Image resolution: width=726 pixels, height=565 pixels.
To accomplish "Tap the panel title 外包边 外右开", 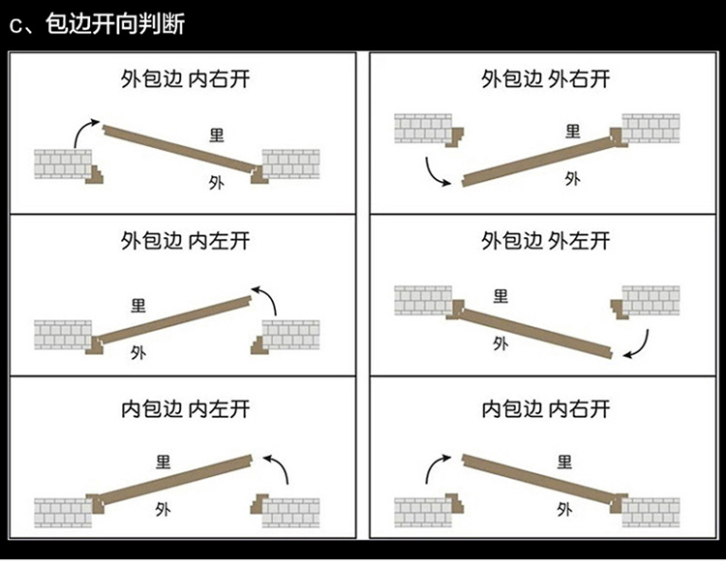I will click(x=545, y=78).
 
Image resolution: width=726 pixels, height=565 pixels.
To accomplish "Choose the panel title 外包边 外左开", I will click(x=545, y=240).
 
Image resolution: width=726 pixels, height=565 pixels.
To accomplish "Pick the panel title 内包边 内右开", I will click(x=545, y=408).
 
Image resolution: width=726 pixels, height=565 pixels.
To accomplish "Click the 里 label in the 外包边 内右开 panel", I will click(x=215, y=133).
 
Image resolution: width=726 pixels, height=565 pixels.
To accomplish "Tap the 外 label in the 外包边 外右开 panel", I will click(x=572, y=178).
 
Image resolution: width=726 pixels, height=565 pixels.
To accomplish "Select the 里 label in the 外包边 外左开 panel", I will click(x=500, y=296).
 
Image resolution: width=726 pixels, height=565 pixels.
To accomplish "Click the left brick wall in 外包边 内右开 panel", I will click(x=62, y=164).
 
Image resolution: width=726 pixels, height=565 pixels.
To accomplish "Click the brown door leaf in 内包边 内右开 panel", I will click(x=537, y=479).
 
